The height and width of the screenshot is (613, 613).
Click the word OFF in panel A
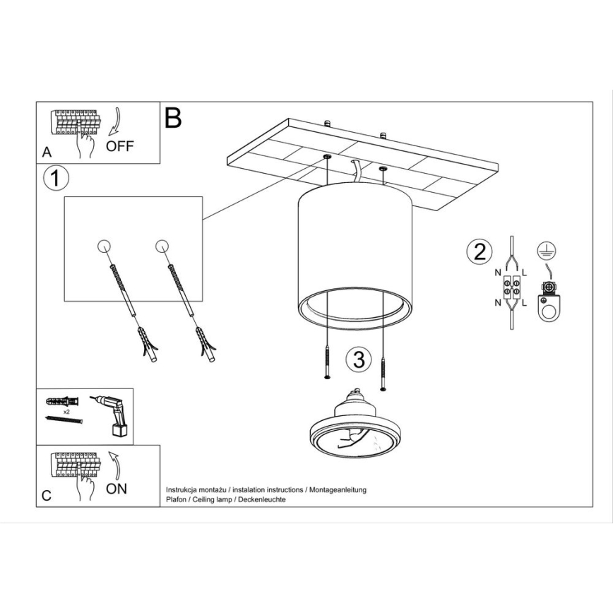pos(119,147)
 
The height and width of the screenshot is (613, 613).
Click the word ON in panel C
pos(117,489)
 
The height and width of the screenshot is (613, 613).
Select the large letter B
pos(173,118)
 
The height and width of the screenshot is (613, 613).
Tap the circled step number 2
pos(479,251)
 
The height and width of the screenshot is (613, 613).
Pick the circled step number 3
pos(359,359)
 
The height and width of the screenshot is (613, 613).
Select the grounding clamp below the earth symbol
pos(549,300)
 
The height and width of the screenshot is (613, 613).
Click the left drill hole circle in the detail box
pos(104,246)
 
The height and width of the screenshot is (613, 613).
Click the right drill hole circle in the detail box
pos(162,246)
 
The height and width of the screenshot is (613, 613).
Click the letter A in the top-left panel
pos(47,152)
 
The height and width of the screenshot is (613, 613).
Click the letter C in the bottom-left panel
pos(47,495)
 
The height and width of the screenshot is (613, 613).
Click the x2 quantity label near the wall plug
pos(66,410)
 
